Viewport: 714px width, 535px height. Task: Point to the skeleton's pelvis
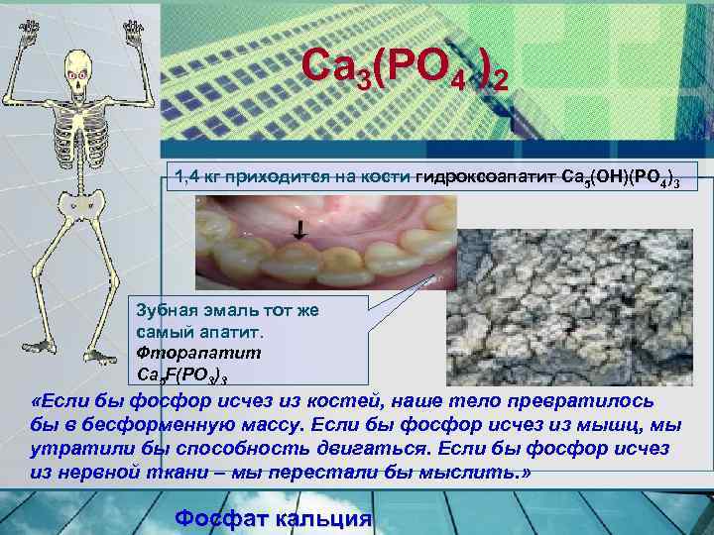(x=82, y=199)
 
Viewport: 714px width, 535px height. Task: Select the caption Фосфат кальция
(x=273, y=518)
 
